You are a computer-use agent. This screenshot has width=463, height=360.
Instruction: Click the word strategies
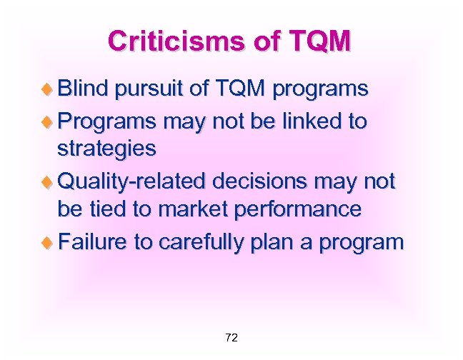click(x=106, y=150)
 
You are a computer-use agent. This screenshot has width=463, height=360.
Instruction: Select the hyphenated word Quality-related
click(x=128, y=181)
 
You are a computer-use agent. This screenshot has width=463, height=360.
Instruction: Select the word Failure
click(x=91, y=241)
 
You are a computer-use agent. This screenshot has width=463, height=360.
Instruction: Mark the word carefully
click(x=206, y=243)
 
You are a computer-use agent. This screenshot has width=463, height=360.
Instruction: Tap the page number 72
click(x=231, y=337)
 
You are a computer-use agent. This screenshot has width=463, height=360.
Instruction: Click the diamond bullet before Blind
click(x=49, y=90)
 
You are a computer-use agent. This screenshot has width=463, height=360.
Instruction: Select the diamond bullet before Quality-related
click(x=49, y=182)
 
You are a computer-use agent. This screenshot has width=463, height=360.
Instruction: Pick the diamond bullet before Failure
click(x=49, y=242)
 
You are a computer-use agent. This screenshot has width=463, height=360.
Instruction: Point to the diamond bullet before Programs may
click(x=49, y=121)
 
